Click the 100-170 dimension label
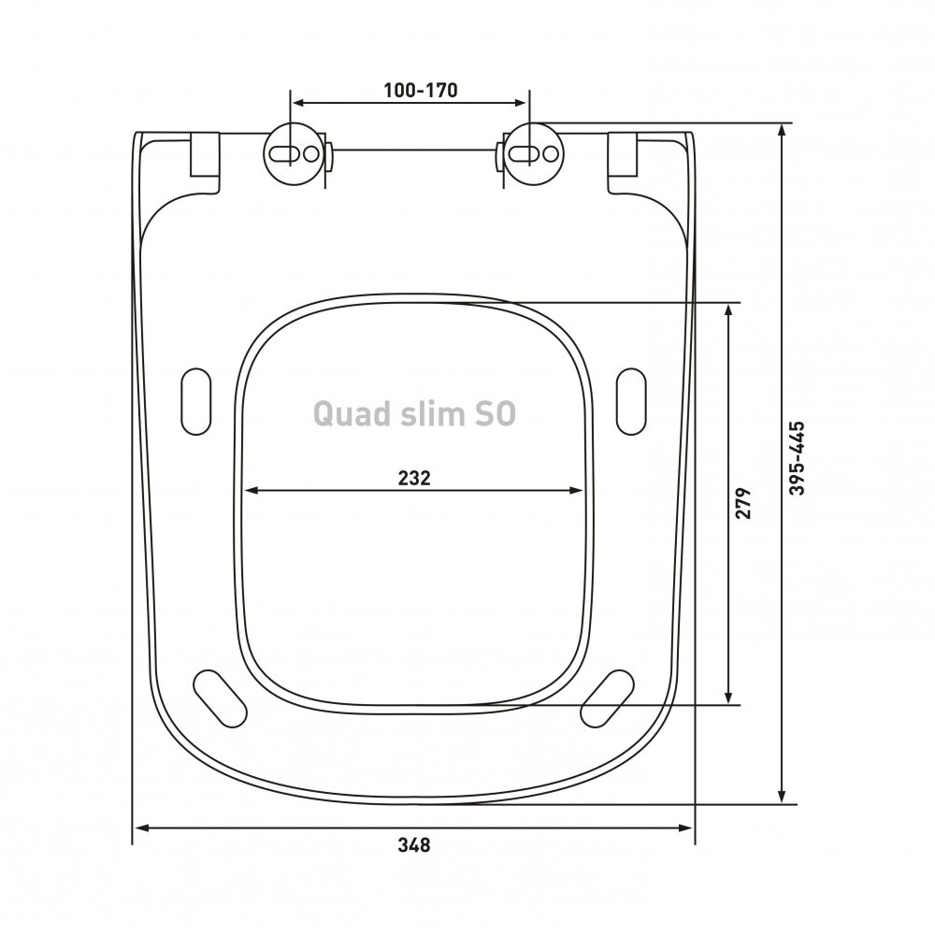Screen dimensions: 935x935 (421, 90)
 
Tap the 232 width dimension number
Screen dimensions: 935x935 (414, 478)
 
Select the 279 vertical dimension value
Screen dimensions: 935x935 (742, 503)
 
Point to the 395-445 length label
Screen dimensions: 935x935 (798, 458)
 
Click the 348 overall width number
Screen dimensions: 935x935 (414, 845)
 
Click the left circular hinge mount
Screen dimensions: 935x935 (291, 154)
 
